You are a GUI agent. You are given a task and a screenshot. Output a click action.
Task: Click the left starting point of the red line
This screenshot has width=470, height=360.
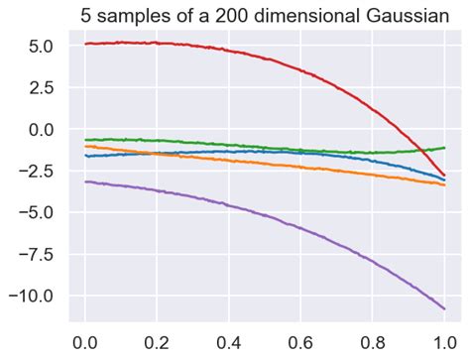(x=86, y=44)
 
